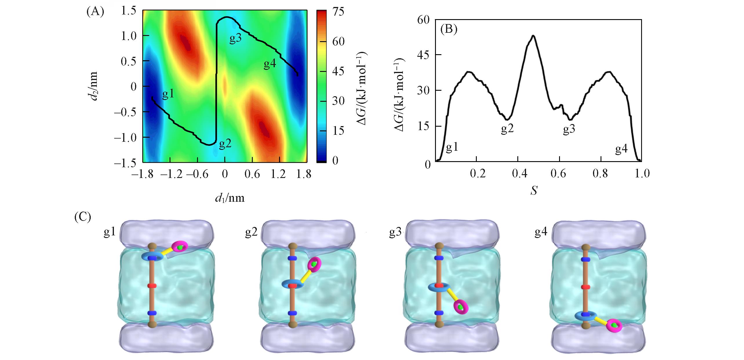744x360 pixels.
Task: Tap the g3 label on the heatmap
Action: coord(235,39)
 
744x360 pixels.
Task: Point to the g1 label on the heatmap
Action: coord(168,94)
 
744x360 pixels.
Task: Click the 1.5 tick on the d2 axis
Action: coord(129,11)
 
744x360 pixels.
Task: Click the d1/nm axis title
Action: coord(230,198)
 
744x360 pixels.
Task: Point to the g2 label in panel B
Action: coord(507,129)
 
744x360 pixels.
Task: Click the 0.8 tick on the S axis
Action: coord(601,174)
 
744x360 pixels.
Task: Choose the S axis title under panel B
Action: coord(534,190)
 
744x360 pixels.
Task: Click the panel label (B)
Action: coord(449,30)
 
